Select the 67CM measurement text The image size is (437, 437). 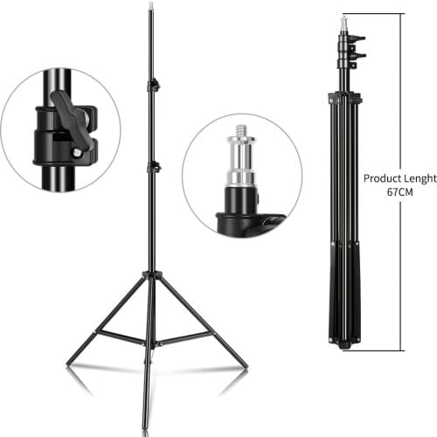(x=399, y=192)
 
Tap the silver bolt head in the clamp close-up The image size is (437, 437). (x=77, y=152)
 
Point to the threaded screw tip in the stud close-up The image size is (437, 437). (x=241, y=130)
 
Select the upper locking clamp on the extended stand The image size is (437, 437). (x=154, y=85)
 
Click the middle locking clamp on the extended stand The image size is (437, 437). (x=154, y=169)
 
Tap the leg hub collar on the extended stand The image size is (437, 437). (x=152, y=274)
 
